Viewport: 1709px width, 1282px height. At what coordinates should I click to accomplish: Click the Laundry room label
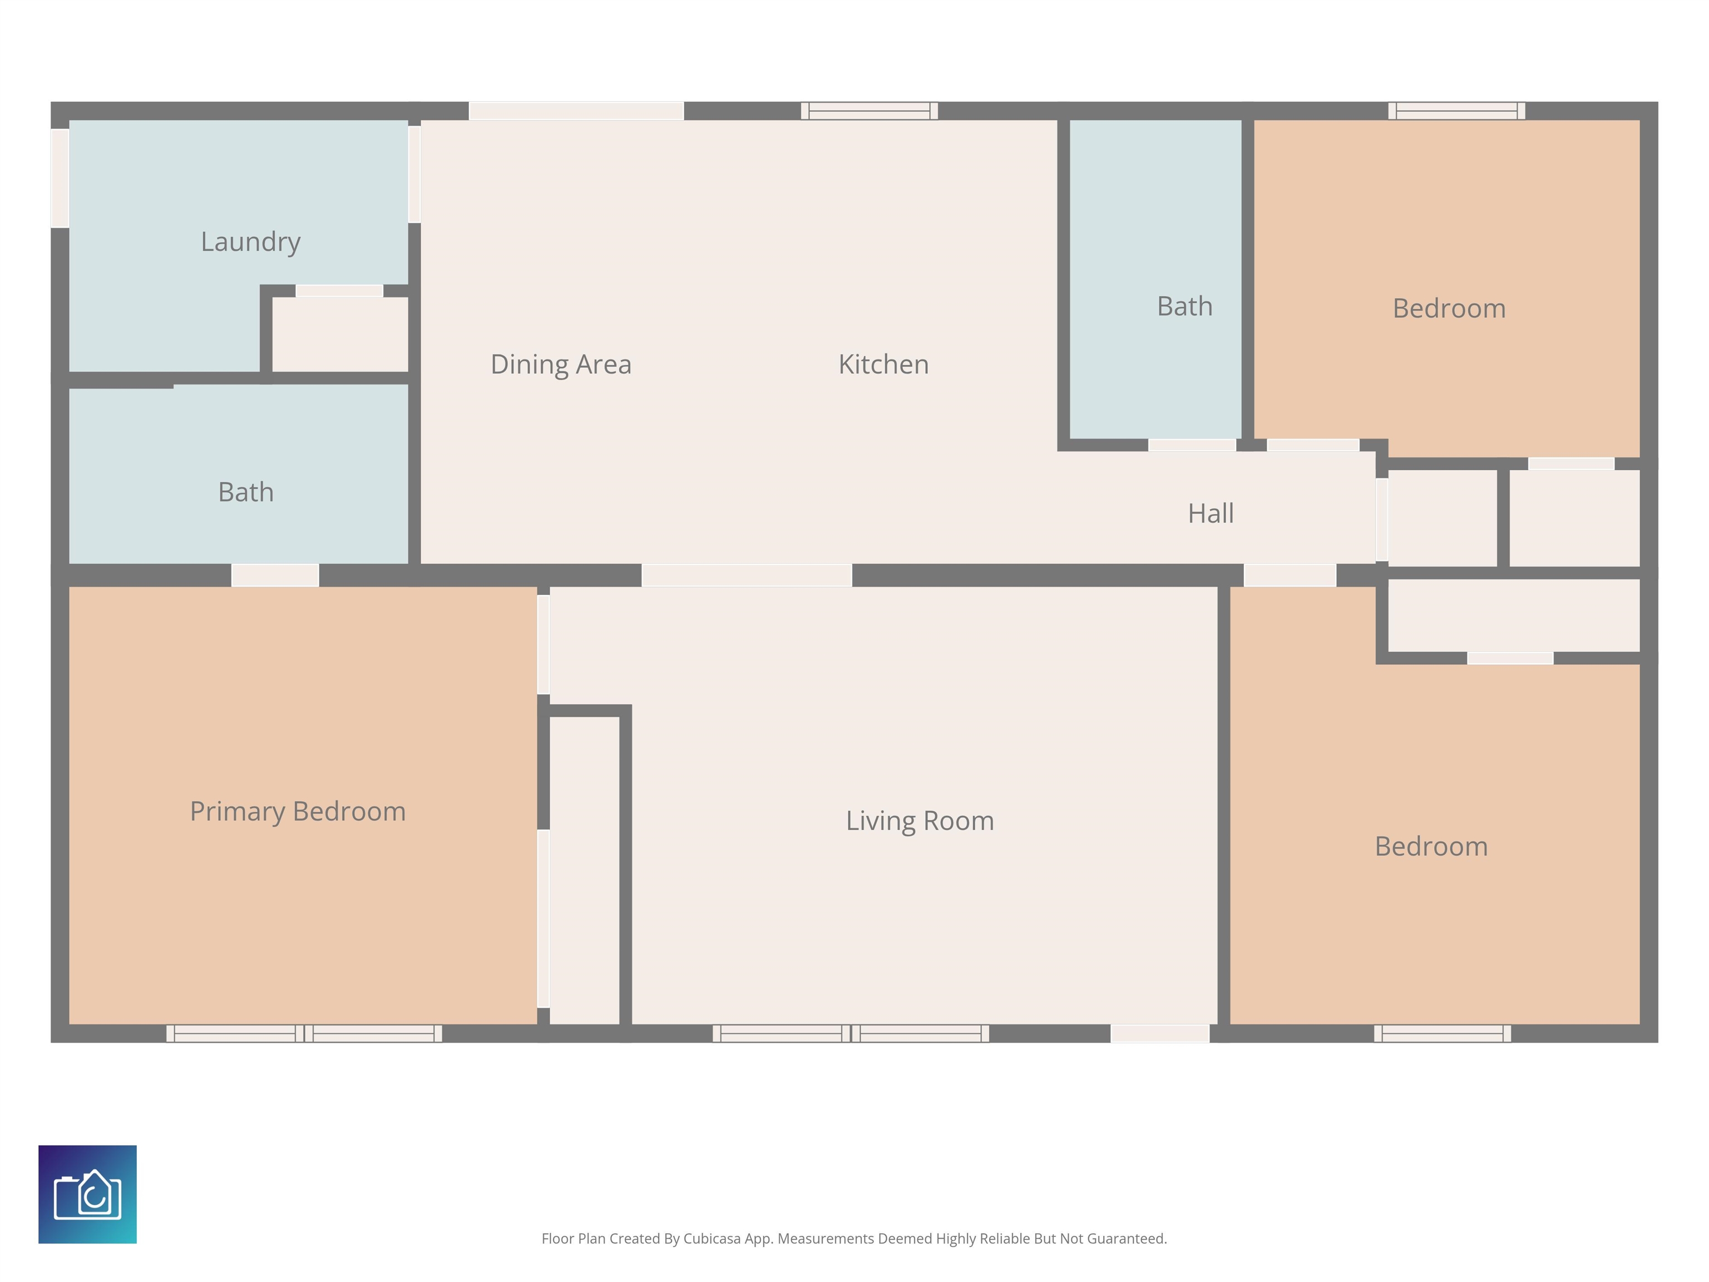point(250,243)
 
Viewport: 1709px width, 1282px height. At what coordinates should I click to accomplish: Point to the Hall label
point(1211,513)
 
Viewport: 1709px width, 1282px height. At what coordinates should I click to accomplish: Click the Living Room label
point(920,821)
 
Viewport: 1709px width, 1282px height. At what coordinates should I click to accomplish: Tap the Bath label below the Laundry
point(246,492)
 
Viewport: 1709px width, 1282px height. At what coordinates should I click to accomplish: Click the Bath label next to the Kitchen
point(1184,307)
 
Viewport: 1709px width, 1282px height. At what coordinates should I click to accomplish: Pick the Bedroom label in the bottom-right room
point(1431,847)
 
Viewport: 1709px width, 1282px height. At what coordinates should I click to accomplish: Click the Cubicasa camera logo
point(87,1194)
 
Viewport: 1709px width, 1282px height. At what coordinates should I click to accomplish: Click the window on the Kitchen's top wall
point(869,111)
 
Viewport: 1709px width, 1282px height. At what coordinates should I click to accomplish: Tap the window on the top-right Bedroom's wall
point(1456,111)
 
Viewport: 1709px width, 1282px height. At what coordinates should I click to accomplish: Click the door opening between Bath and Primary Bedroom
point(275,575)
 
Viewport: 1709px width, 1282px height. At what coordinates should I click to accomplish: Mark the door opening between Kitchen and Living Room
point(747,575)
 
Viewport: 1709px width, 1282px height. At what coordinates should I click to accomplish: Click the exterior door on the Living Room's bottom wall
point(1160,1033)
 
